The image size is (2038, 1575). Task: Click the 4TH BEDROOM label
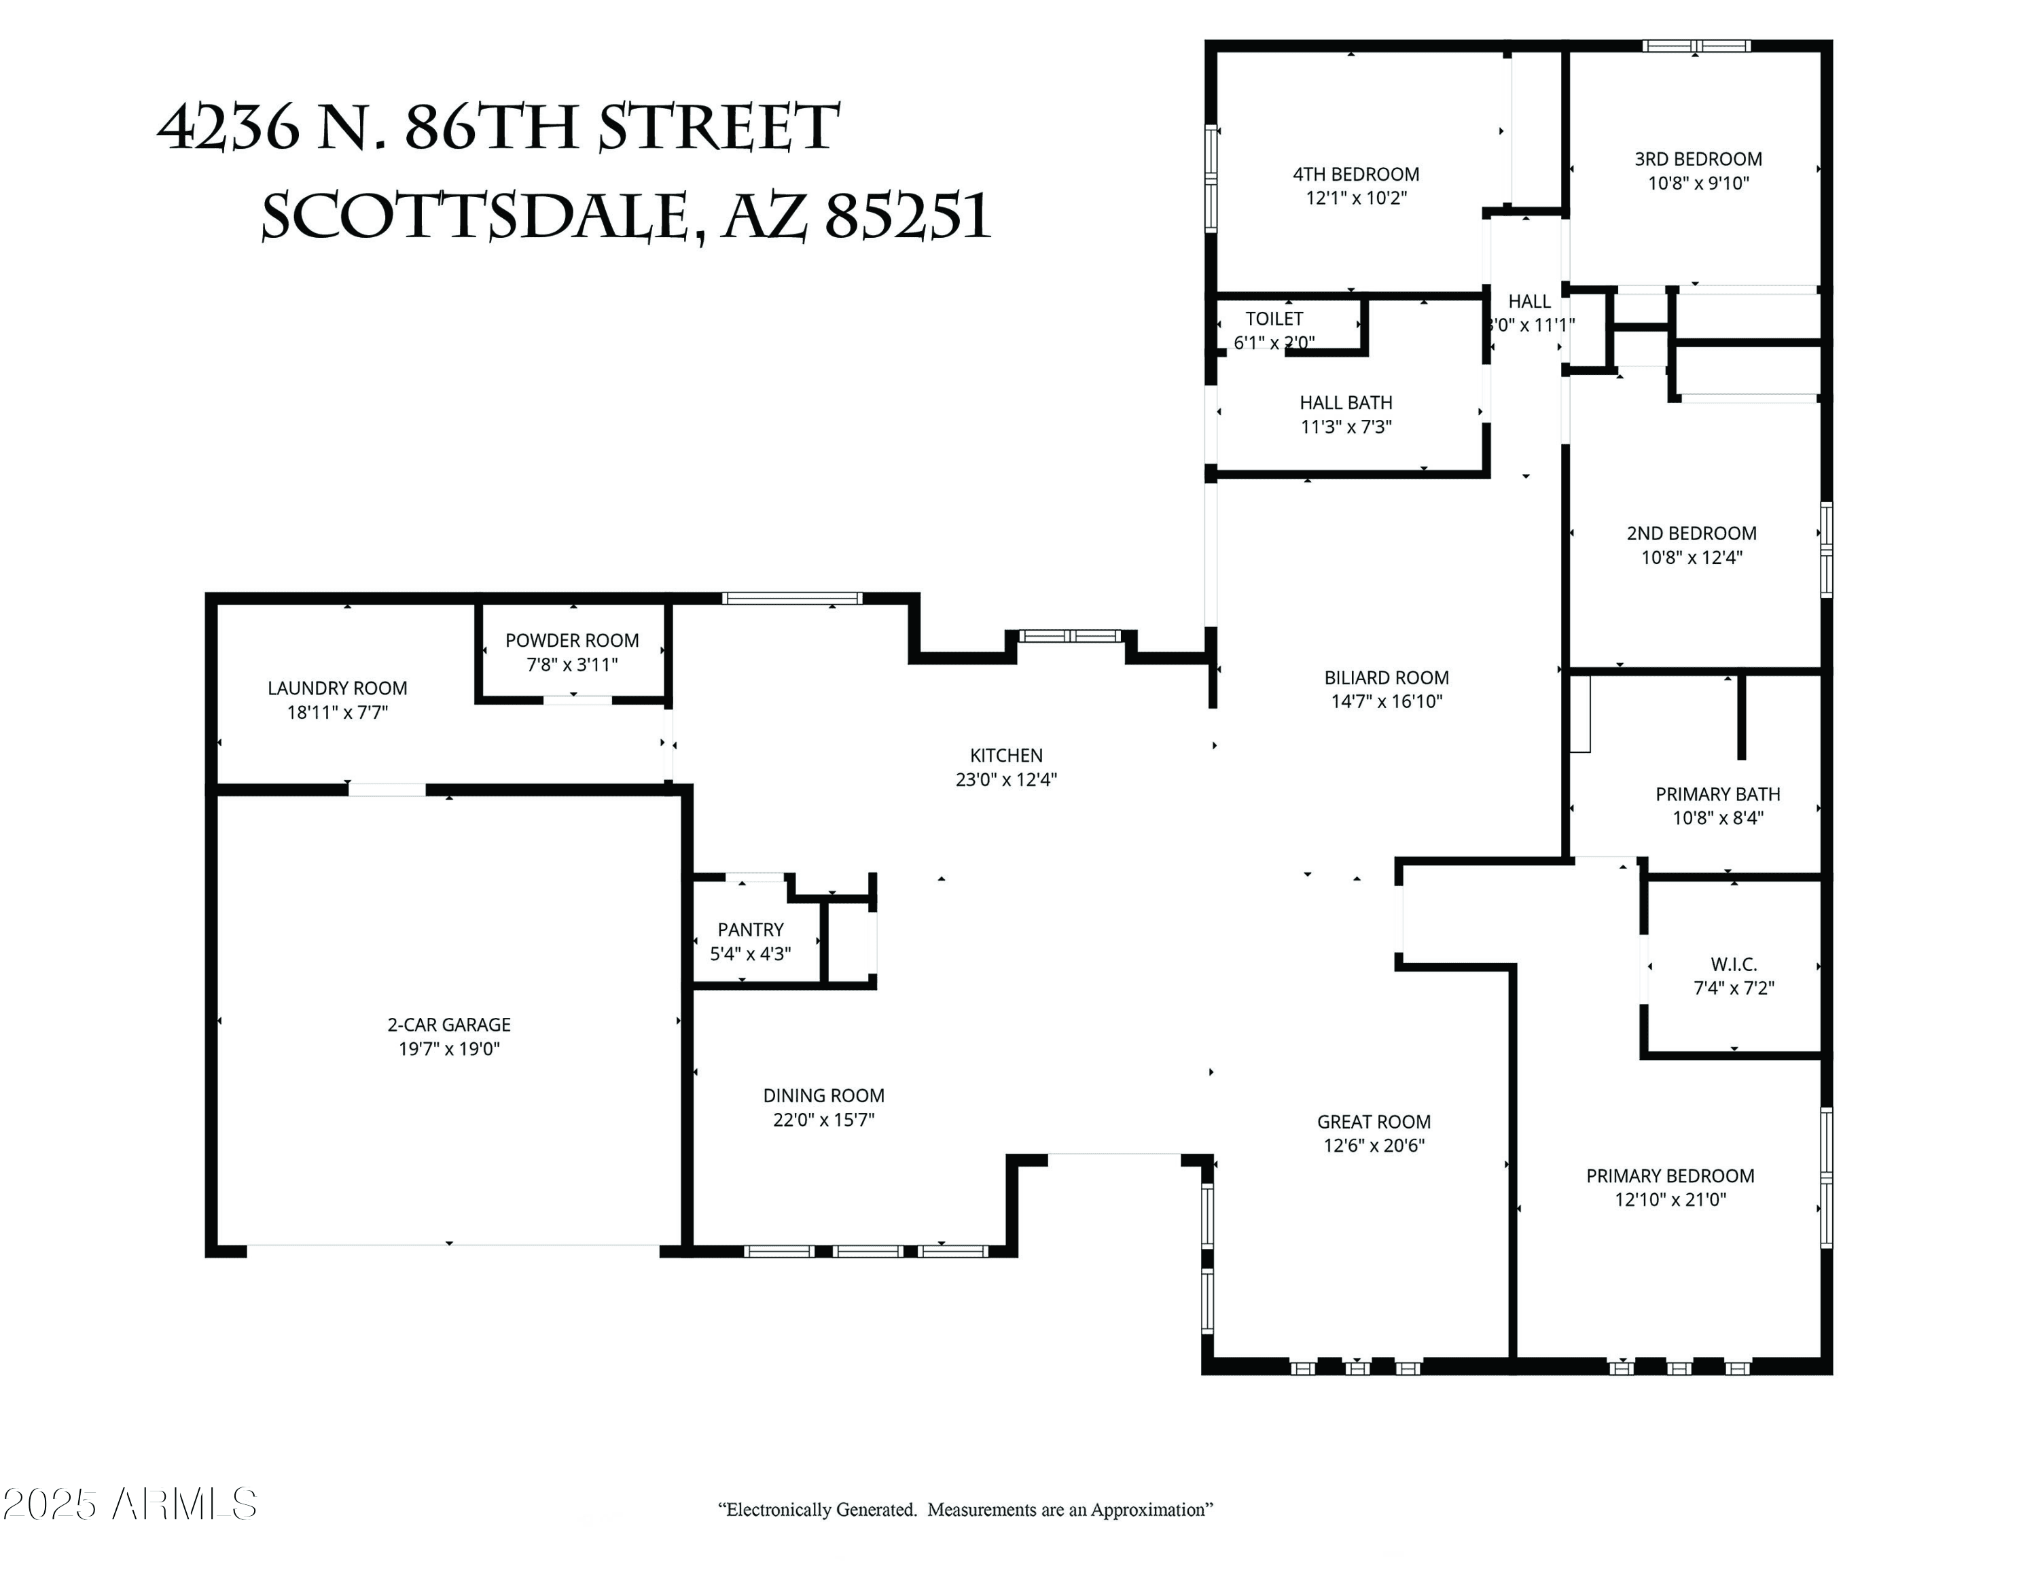click(1356, 175)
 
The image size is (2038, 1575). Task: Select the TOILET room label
click(1274, 319)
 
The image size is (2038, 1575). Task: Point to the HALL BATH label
click(1346, 403)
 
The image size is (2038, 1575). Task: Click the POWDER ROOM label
click(572, 641)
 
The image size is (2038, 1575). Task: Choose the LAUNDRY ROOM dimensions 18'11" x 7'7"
click(337, 713)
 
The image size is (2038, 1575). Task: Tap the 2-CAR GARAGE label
click(449, 1025)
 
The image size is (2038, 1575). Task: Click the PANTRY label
click(750, 930)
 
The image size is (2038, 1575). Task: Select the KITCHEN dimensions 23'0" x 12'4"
click(1006, 780)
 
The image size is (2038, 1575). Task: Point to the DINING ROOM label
click(824, 1097)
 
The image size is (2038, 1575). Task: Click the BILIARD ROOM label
click(1387, 678)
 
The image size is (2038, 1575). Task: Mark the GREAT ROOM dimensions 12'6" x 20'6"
click(1374, 1146)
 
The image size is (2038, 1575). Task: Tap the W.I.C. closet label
click(1734, 965)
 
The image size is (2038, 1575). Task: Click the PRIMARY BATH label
click(1718, 795)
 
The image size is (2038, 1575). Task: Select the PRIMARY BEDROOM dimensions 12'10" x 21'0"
click(1670, 1200)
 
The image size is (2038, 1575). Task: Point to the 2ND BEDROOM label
click(1692, 533)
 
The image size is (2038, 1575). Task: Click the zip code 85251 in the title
click(907, 217)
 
